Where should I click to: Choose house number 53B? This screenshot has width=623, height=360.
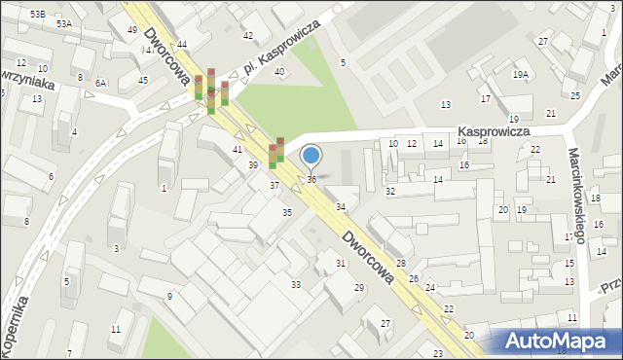click(37, 14)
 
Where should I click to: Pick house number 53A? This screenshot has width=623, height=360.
click(64, 23)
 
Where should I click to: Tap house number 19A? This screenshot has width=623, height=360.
click(521, 74)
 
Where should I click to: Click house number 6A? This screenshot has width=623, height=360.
click(100, 84)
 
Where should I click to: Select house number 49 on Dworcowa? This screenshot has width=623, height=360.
click(132, 30)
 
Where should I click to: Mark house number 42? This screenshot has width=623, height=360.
click(248, 36)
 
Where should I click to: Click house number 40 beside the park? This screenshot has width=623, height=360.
click(280, 72)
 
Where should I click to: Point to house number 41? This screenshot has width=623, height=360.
click(238, 149)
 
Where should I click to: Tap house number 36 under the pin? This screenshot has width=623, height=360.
click(311, 180)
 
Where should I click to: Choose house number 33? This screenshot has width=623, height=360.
click(296, 284)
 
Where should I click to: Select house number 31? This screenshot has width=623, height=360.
click(341, 264)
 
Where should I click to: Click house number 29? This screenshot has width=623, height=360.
click(359, 287)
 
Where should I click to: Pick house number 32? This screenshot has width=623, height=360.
click(390, 192)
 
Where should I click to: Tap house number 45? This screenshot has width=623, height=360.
click(143, 80)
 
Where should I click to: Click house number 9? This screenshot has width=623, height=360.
click(169, 296)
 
